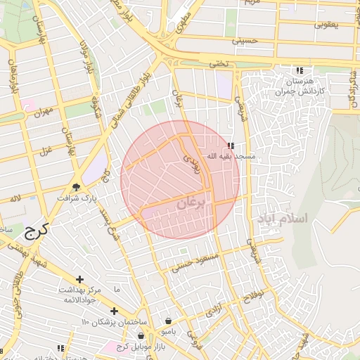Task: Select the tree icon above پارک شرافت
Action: [x=76, y=187]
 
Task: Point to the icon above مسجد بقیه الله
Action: [x=231, y=145]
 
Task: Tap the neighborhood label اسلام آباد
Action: [x=282, y=219]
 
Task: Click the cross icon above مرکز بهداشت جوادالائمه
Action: [x=79, y=279]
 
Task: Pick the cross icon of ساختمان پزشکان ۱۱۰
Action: [x=114, y=311]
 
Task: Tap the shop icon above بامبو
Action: [x=168, y=320]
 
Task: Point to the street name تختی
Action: [x=218, y=64]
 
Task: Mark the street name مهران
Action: [x=42, y=112]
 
